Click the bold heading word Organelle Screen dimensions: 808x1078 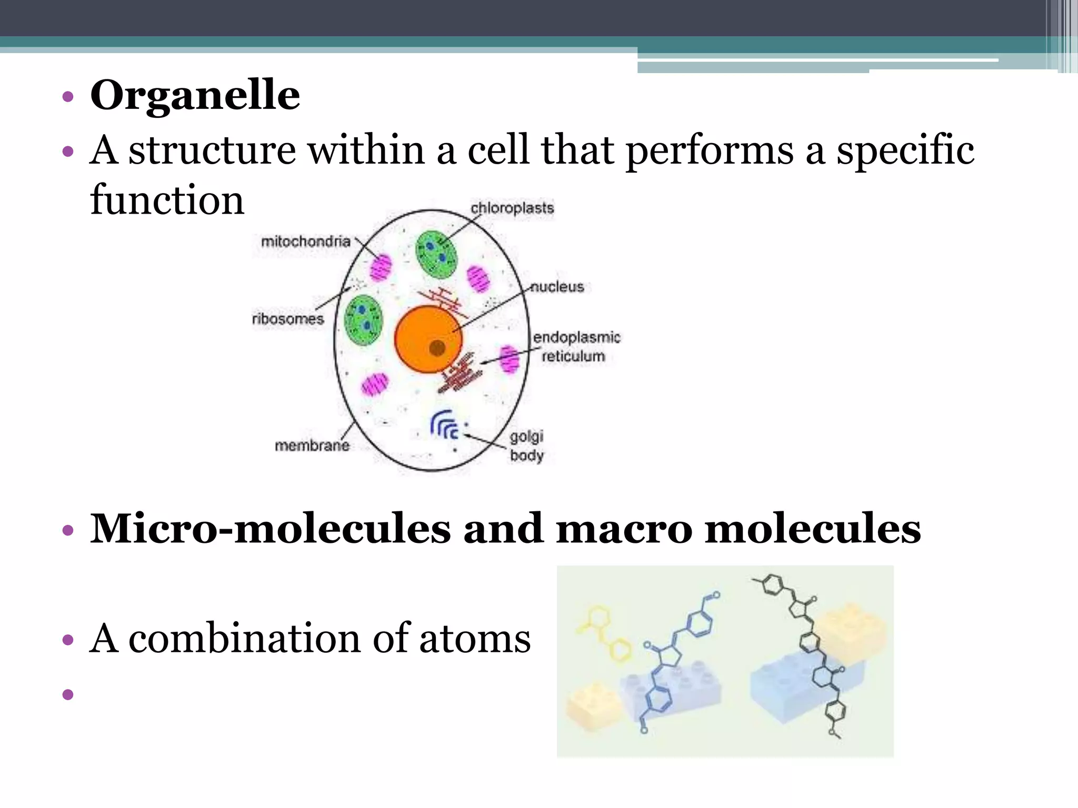tap(195, 95)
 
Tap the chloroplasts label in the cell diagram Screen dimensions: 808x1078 tap(512, 208)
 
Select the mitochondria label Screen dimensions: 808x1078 tap(305, 241)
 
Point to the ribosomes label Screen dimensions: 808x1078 tap(287, 319)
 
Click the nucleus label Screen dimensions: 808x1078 tap(557, 287)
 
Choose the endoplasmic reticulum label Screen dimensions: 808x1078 tap(576, 346)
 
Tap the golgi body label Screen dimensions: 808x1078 tap(526, 446)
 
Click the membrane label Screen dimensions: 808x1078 tap(312, 446)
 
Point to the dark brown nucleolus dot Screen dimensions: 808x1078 tap(437, 347)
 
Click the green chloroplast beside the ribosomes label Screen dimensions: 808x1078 tap(363, 320)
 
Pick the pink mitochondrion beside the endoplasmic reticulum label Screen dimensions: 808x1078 tap(509, 359)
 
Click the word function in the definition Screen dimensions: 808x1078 tap(167, 200)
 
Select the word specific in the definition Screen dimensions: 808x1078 tap(905, 151)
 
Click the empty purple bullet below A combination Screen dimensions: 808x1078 tap(68, 694)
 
